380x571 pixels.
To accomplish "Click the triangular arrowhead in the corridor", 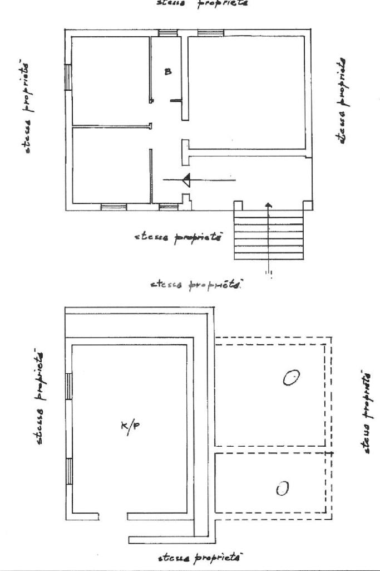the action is (187, 180).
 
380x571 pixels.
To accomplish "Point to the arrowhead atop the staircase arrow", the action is (268, 206).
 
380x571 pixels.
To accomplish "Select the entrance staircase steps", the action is (268, 237).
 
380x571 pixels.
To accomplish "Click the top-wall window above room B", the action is (167, 33).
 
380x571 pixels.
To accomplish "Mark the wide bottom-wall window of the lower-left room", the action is (113, 207).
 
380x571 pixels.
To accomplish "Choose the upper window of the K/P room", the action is (70, 386).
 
